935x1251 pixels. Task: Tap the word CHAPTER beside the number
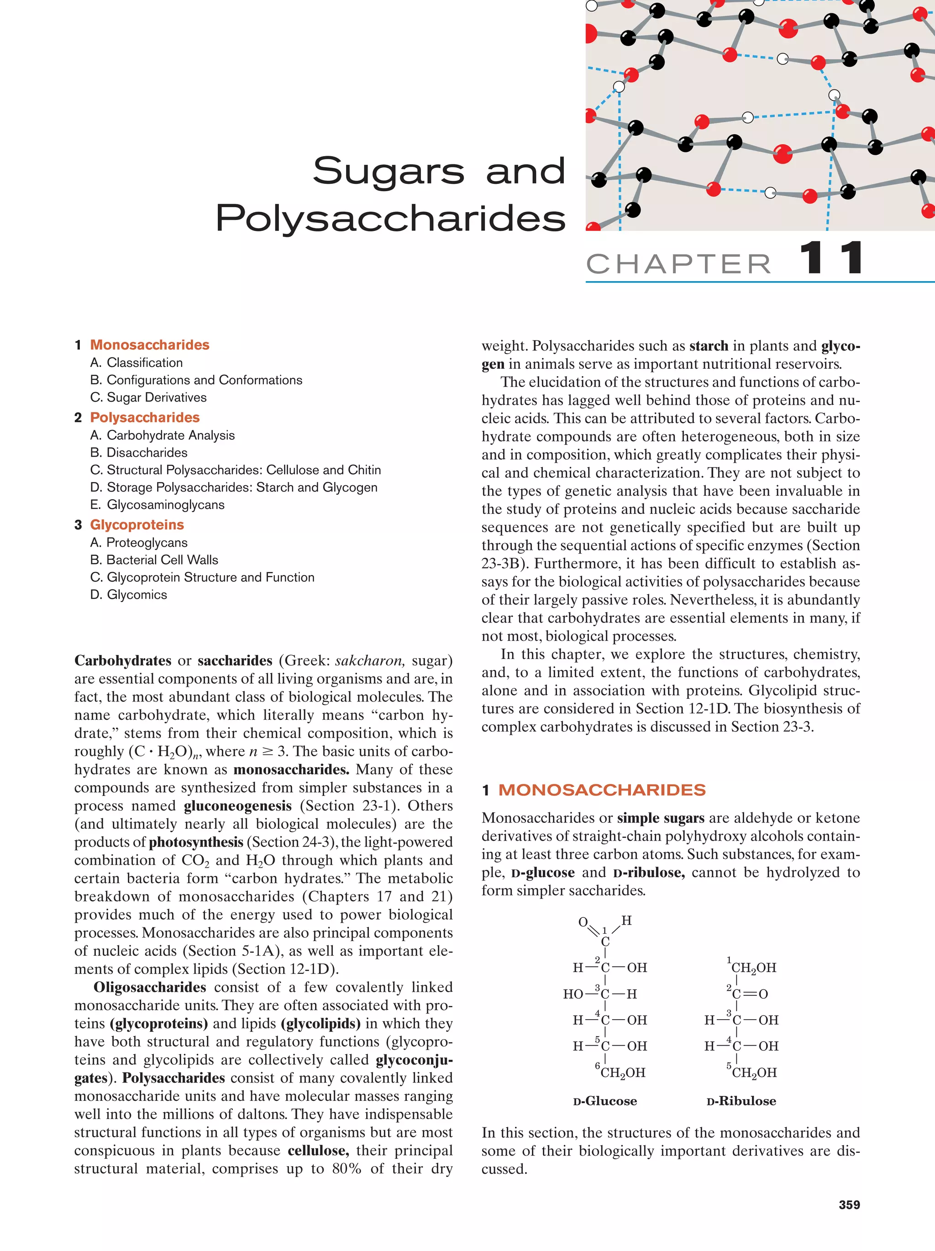coord(679,263)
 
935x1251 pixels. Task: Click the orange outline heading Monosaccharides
coord(149,345)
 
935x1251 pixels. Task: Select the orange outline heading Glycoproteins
coord(137,525)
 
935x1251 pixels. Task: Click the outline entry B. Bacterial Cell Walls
coord(154,560)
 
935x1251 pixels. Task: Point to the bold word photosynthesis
coord(196,842)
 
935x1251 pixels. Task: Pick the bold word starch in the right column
coord(709,345)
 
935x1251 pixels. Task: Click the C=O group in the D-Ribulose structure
coord(750,994)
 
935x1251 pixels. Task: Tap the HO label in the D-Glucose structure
coord(573,994)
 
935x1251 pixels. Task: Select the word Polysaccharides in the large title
coord(390,218)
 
